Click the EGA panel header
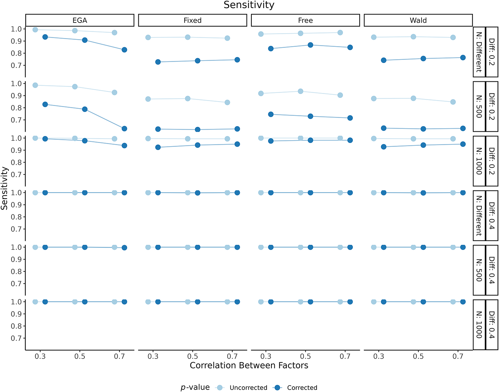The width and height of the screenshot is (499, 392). [x=80, y=20]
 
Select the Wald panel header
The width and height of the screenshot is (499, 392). [x=418, y=20]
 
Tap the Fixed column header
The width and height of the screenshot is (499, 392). [x=192, y=20]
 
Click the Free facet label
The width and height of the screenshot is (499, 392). [x=305, y=20]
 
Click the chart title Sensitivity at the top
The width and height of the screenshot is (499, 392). [x=249, y=5]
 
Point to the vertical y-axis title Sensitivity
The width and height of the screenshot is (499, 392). [x=4, y=188]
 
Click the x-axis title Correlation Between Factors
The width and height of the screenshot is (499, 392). [x=249, y=365]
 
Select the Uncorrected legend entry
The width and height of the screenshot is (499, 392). [x=249, y=388]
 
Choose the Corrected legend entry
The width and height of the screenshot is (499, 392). [x=302, y=388]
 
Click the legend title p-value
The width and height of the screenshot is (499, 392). [x=195, y=387]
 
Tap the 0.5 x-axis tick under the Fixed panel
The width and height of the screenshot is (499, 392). [x=192, y=356]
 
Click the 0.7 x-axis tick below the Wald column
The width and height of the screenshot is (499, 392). [x=458, y=356]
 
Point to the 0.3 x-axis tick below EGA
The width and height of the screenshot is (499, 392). [x=40, y=356]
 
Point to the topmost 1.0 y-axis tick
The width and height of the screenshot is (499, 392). [x=16, y=29]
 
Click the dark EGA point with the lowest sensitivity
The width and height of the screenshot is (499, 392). [x=124, y=129]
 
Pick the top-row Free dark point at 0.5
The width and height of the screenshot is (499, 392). [x=310, y=45]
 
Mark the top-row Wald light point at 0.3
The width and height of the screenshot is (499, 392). [x=374, y=37]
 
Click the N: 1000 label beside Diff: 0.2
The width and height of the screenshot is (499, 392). [x=479, y=161]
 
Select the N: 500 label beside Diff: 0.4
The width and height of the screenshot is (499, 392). [x=479, y=270]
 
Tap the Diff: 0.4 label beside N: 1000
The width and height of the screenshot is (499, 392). [x=492, y=325]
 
